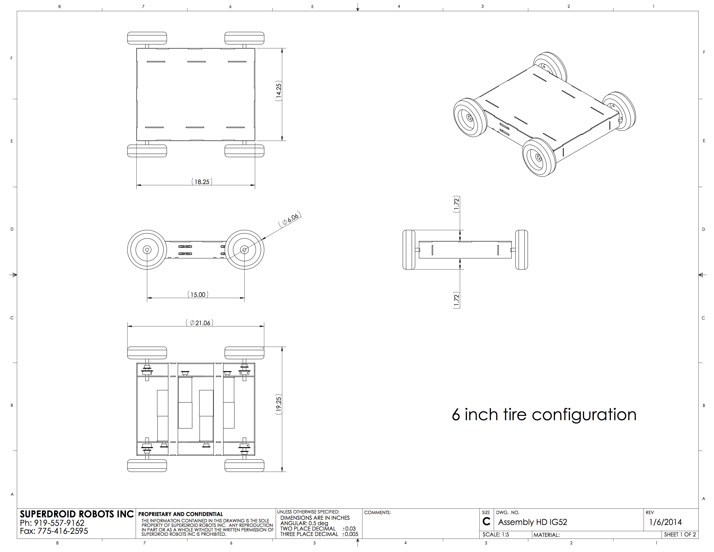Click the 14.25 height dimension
click(x=278, y=90)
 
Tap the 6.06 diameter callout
click(x=290, y=219)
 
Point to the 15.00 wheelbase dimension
click(x=198, y=294)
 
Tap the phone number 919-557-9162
click(x=59, y=523)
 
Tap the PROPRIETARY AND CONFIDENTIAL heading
click(x=180, y=514)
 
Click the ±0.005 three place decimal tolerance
click(x=350, y=534)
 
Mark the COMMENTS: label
click(x=378, y=512)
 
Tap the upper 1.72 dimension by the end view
click(x=457, y=205)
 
